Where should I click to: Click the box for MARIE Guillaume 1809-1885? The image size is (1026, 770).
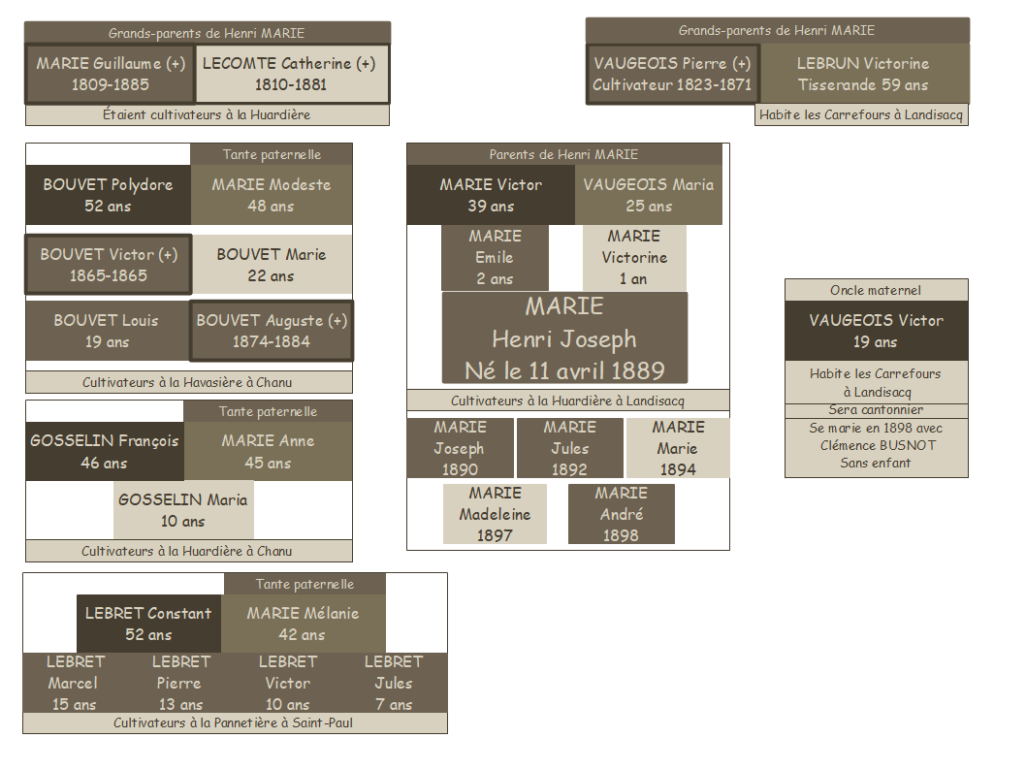click(x=110, y=74)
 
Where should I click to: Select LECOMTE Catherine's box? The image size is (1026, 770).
click(x=292, y=74)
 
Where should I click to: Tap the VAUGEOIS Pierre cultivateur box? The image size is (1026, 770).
click(x=672, y=74)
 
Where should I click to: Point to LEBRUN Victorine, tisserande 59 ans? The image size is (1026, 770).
click(x=863, y=74)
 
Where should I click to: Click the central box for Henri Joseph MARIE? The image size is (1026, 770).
click(x=564, y=337)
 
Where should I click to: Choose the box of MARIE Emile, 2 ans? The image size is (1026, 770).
click(x=495, y=257)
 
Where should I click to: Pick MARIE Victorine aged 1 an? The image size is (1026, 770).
click(x=634, y=257)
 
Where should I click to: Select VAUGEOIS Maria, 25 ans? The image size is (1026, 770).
click(x=648, y=195)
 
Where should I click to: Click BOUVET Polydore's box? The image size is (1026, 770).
click(x=108, y=195)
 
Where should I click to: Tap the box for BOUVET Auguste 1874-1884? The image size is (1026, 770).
click(x=272, y=331)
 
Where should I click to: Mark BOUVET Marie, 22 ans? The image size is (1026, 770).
click(x=272, y=265)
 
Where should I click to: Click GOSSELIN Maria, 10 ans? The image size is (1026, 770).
click(x=183, y=510)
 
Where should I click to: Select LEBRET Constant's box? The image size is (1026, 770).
click(x=148, y=624)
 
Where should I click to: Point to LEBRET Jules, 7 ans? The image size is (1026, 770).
click(x=394, y=683)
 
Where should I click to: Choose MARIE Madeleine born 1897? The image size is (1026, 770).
click(x=495, y=514)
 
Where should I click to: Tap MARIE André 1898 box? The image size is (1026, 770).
click(x=621, y=514)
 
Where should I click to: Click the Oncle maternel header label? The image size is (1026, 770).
click(x=876, y=290)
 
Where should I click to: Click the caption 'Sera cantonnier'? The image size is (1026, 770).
click(x=876, y=410)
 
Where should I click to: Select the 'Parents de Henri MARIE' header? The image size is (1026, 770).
click(x=563, y=154)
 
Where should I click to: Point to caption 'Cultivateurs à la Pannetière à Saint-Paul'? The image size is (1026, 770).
click(x=235, y=723)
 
